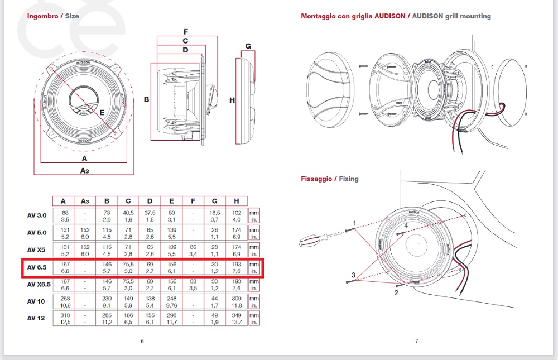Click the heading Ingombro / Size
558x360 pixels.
point(53,16)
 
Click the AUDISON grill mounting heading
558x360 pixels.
point(396,16)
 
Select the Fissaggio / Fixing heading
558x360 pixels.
point(330,179)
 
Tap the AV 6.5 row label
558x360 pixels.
point(36,268)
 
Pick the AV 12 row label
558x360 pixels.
point(36,318)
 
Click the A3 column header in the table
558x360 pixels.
point(85,201)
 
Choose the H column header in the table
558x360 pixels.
point(237,201)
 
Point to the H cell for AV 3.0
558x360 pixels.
point(237,216)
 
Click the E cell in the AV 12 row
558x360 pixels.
point(171,319)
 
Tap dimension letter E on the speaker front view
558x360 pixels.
point(102,113)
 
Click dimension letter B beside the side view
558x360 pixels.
point(146,100)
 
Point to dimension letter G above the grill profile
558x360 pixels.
point(248,46)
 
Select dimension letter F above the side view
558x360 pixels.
point(186,31)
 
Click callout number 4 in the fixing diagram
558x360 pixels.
point(406,226)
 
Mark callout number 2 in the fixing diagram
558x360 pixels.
point(397,292)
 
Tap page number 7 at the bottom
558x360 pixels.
point(416,341)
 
